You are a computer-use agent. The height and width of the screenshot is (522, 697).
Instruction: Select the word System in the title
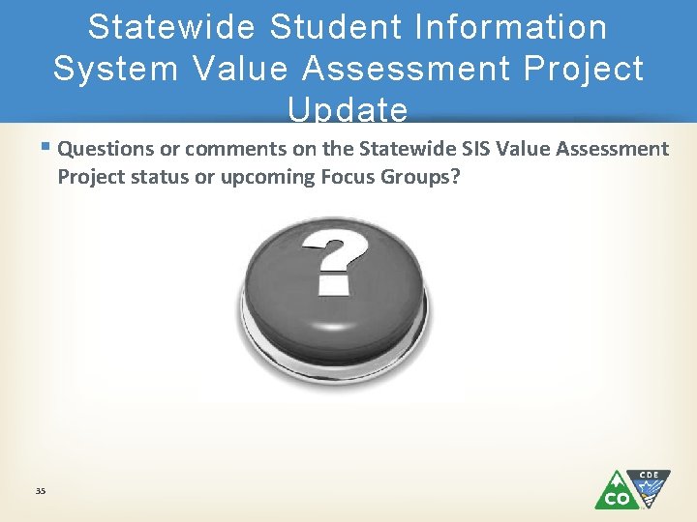tap(112, 69)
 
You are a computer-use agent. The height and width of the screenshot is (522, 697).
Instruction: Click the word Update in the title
tap(348, 110)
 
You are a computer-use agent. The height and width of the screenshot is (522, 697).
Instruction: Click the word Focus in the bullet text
tap(338, 176)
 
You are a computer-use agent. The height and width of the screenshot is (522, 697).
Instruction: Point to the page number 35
tap(40, 492)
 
